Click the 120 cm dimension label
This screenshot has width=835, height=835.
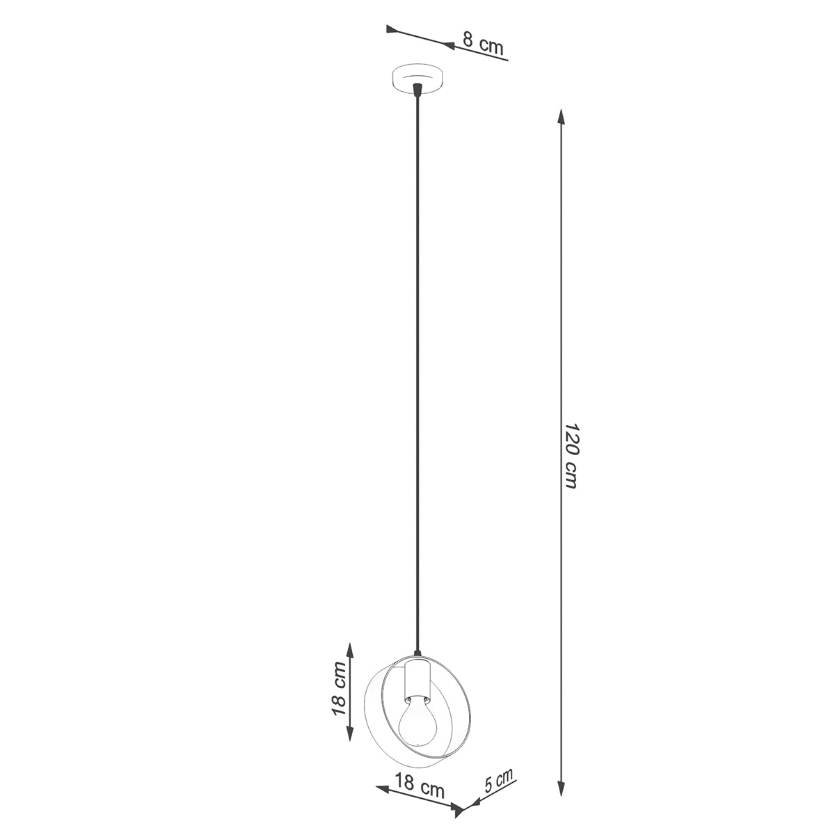pos(571,455)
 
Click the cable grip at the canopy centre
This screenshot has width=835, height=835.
pos(417,90)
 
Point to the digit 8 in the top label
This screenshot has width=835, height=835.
pos(468,39)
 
